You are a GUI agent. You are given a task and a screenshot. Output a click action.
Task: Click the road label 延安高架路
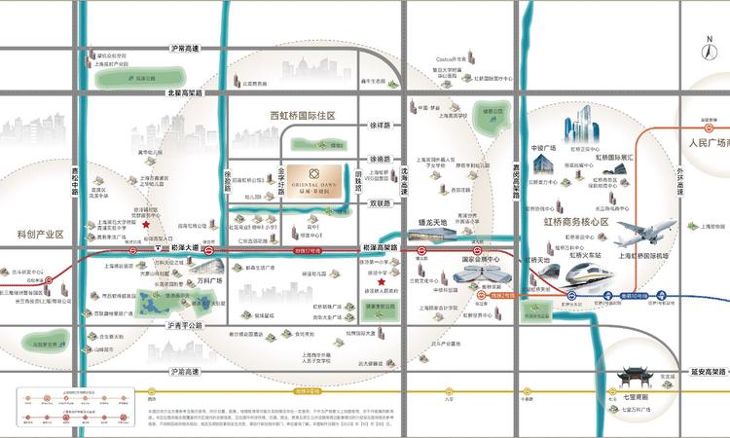697,371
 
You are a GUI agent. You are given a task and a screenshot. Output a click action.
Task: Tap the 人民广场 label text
697,142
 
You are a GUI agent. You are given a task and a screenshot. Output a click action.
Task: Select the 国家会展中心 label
478,261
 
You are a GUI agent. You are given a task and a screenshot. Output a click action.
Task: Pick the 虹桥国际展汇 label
614,157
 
